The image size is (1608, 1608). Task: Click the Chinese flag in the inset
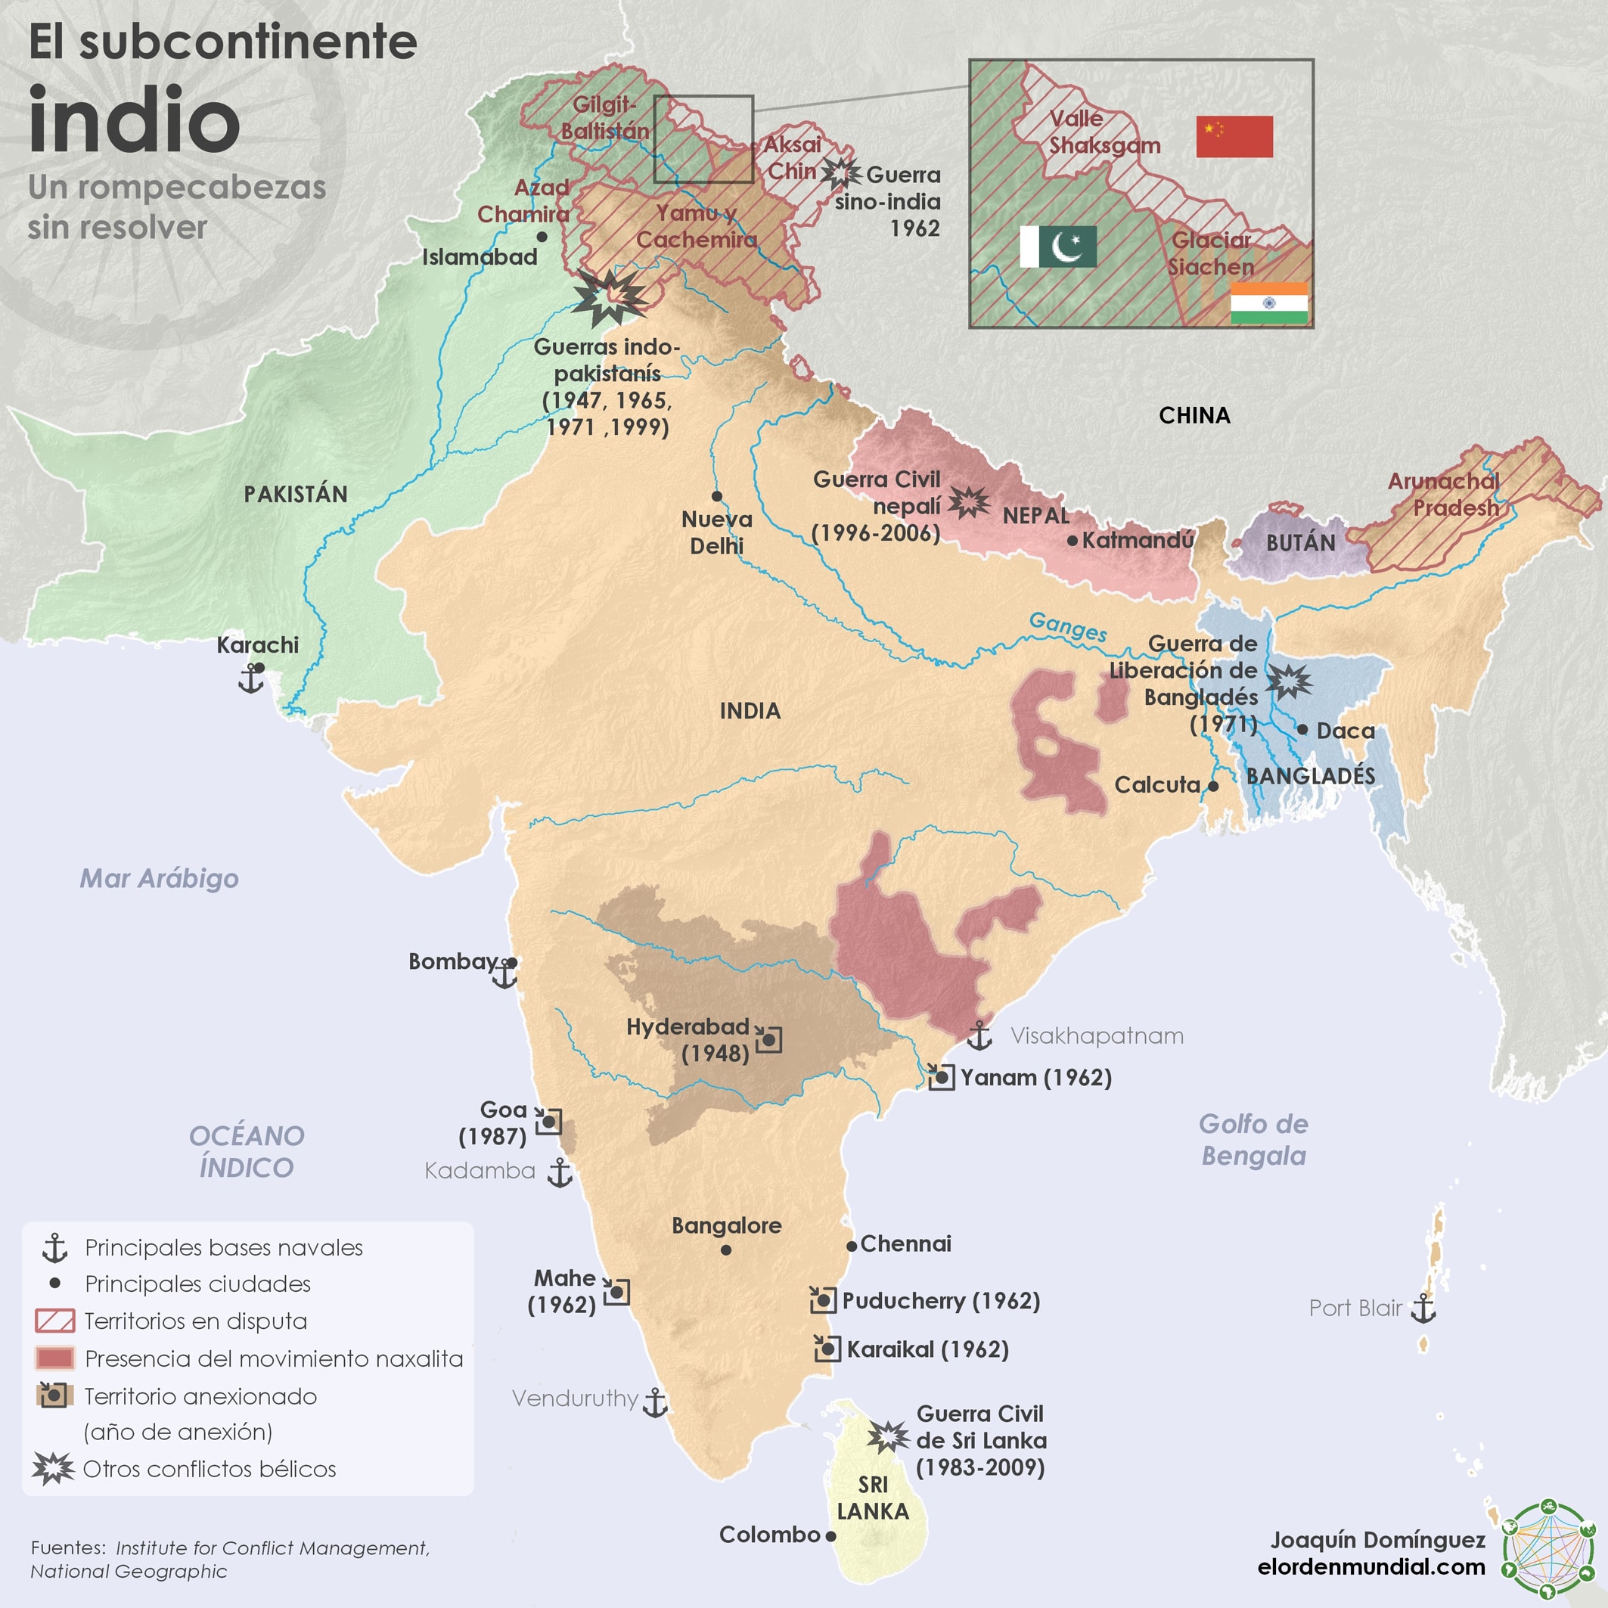[1234, 136]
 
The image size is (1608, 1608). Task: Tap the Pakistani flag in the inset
[1058, 247]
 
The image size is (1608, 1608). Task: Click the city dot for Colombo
[830, 1536]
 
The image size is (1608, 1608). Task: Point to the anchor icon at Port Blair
[1424, 1308]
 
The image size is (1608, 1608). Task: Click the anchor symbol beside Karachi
[250, 680]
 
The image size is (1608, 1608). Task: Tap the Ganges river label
[1068, 626]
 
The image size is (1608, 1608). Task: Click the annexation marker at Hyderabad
[769, 1039]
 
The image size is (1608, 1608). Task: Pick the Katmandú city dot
[1072, 541]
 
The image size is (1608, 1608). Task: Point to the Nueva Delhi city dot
[716, 496]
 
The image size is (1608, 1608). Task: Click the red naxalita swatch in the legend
[55, 1358]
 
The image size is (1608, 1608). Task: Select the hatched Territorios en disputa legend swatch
[55, 1321]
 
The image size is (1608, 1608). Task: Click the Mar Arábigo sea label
[159, 879]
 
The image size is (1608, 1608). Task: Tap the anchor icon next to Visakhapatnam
[979, 1035]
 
